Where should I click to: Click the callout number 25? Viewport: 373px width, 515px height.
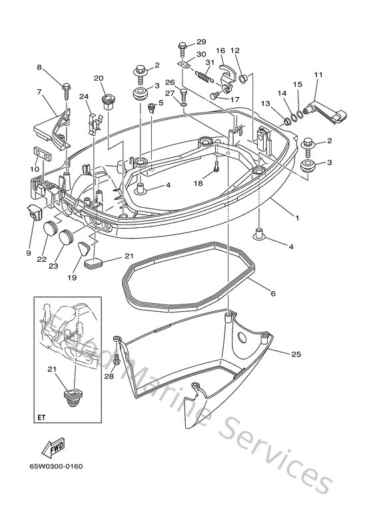(295, 353)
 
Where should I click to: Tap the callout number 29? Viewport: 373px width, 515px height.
(201, 41)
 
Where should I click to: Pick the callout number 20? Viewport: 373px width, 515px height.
(99, 79)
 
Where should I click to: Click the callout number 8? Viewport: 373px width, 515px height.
(39, 67)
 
